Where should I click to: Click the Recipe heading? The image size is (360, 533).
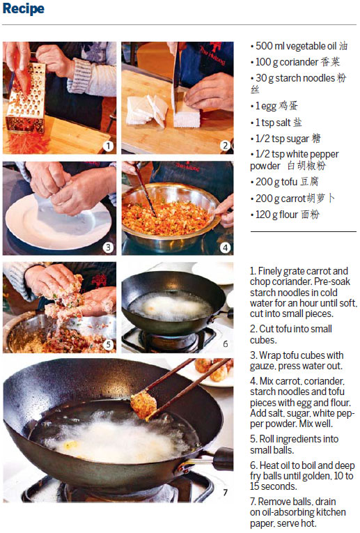point(23,8)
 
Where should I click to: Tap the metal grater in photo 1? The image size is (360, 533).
point(26,98)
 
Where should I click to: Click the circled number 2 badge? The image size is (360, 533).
point(225,146)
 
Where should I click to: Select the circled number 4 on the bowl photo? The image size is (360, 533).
point(225,247)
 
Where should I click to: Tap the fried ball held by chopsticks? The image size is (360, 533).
point(143,405)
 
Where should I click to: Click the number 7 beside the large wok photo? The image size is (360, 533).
point(225,492)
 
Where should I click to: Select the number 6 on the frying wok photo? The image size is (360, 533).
point(225,344)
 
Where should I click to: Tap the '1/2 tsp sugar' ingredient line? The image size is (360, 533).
point(285,139)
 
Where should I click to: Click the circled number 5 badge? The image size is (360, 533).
point(108,345)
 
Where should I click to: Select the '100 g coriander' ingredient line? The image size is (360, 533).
point(295,62)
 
